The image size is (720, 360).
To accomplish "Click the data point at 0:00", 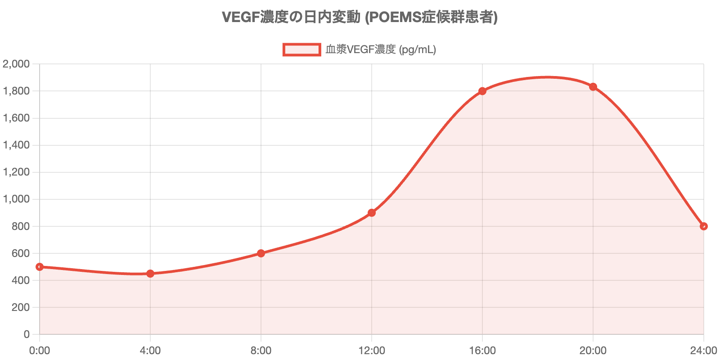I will pos(40,267).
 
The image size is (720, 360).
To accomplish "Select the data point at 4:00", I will pos(150,274).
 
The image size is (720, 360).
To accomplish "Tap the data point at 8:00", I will pos(261,253).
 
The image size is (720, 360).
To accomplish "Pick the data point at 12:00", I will pos(372,212).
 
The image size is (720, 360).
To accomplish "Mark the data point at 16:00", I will pos(482,91).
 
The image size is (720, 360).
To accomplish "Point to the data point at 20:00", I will pos(593,86).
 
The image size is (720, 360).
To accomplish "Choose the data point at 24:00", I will pos(704,226).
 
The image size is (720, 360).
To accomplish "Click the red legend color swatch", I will pos(301,49).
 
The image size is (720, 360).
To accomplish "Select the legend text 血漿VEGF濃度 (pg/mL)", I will pos(381,49).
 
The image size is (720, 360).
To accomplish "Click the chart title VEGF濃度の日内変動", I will pos(360,17).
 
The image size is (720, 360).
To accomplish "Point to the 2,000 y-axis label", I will pos(16,64).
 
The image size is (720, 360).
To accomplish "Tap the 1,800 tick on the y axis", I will pos(16,91).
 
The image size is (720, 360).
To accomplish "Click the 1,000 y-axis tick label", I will pos(16,199).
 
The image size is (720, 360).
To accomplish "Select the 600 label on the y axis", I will pos(21,253).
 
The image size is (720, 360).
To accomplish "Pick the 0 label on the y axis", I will pos(27,334).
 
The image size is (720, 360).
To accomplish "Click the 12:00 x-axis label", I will pos(372,351).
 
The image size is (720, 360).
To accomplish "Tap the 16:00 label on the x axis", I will pos(482,351).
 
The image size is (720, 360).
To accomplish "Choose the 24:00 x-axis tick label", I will pos(703,351).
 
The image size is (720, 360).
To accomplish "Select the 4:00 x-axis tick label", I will pos(150,351).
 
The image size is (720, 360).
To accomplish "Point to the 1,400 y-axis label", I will pos(16,145).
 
